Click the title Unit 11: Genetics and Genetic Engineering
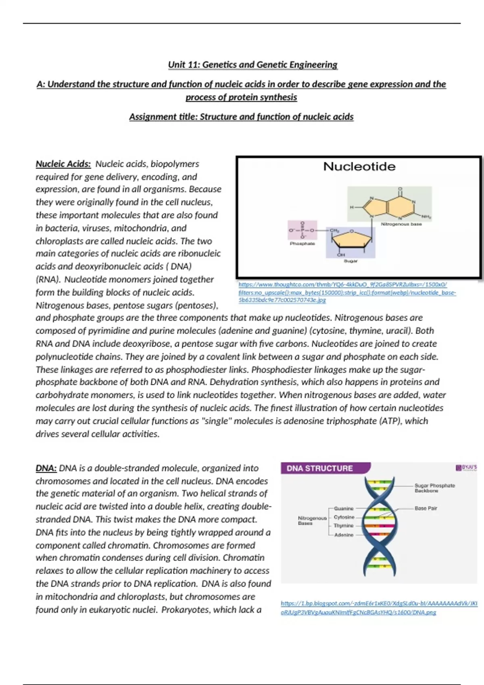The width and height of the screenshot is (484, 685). tap(252, 64)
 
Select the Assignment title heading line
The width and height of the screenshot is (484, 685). tap(241, 117)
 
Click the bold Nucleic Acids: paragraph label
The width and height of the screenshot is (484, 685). tap(63, 164)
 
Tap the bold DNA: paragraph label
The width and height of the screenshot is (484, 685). tap(46, 468)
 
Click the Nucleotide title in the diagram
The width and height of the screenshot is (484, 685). tap(359, 166)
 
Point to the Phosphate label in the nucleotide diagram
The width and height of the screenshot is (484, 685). tap(302, 243)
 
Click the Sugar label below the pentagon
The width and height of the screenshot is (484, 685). tap(350, 261)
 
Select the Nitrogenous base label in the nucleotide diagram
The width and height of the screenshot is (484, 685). tap(401, 224)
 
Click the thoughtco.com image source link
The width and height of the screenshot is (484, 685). tap(347, 292)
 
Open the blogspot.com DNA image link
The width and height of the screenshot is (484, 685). tap(379, 608)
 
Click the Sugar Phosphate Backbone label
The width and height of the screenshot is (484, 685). tap(434, 488)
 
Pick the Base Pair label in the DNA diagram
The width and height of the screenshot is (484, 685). tap(426, 508)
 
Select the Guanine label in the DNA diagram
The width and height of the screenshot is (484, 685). tap(344, 509)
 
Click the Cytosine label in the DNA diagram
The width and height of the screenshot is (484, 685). tap(344, 517)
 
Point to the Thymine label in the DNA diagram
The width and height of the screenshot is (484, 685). tap(344, 526)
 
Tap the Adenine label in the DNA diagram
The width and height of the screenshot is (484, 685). tap(344, 535)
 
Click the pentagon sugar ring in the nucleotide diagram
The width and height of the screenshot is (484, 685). tap(351, 241)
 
